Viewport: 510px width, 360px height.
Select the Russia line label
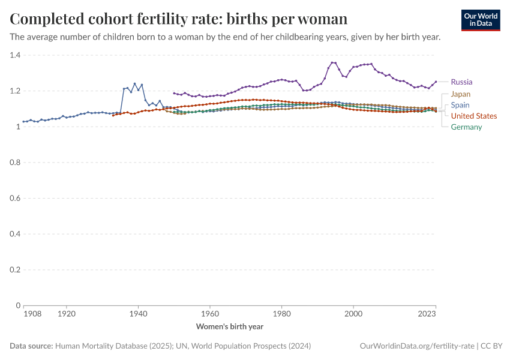click(x=461, y=82)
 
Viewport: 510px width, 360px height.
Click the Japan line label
click(x=461, y=94)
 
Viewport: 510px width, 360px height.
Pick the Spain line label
click(x=460, y=105)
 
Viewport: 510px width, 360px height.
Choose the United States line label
click(x=474, y=116)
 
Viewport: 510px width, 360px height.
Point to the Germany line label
click(x=466, y=127)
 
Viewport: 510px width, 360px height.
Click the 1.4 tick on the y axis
click(x=15, y=55)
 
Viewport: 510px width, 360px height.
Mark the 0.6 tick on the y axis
click(x=15, y=198)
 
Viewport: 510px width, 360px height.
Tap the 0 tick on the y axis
click(x=18, y=305)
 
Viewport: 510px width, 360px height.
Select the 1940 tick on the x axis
click(x=138, y=313)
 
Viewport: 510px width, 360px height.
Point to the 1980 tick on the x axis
click(x=281, y=313)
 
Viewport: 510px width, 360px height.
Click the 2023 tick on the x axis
click(x=427, y=313)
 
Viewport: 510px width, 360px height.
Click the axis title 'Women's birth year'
click(x=230, y=327)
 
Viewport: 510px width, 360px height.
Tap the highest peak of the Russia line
click(x=333, y=62)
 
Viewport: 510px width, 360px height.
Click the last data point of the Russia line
click(x=436, y=82)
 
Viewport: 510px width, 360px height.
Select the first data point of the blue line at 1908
click(x=23, y=122)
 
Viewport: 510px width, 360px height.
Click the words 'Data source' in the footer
click(x=31, y=346)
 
